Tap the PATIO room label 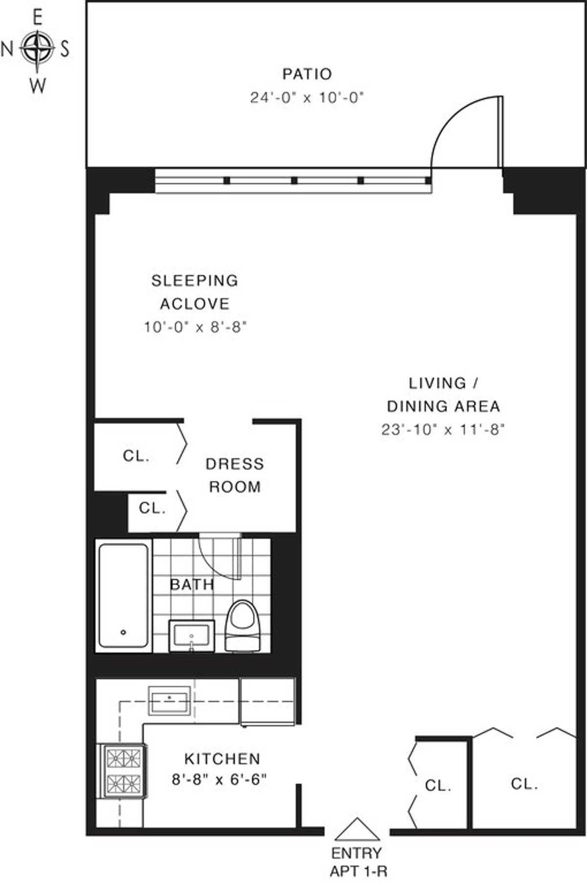[307, 74]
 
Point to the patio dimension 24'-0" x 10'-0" [308, 98]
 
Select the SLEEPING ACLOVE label [195, 292]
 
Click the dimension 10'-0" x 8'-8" [195, 327]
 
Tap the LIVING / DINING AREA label [444, 394]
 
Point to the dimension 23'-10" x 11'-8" [443, 430]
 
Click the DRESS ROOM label [235, 475]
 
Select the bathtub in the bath [123, 595]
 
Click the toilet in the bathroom [243, 626]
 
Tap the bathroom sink [192, 635]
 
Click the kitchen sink [169, 701]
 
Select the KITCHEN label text [222, 759]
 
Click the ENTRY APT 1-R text [357, 862]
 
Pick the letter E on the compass [37, 18]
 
